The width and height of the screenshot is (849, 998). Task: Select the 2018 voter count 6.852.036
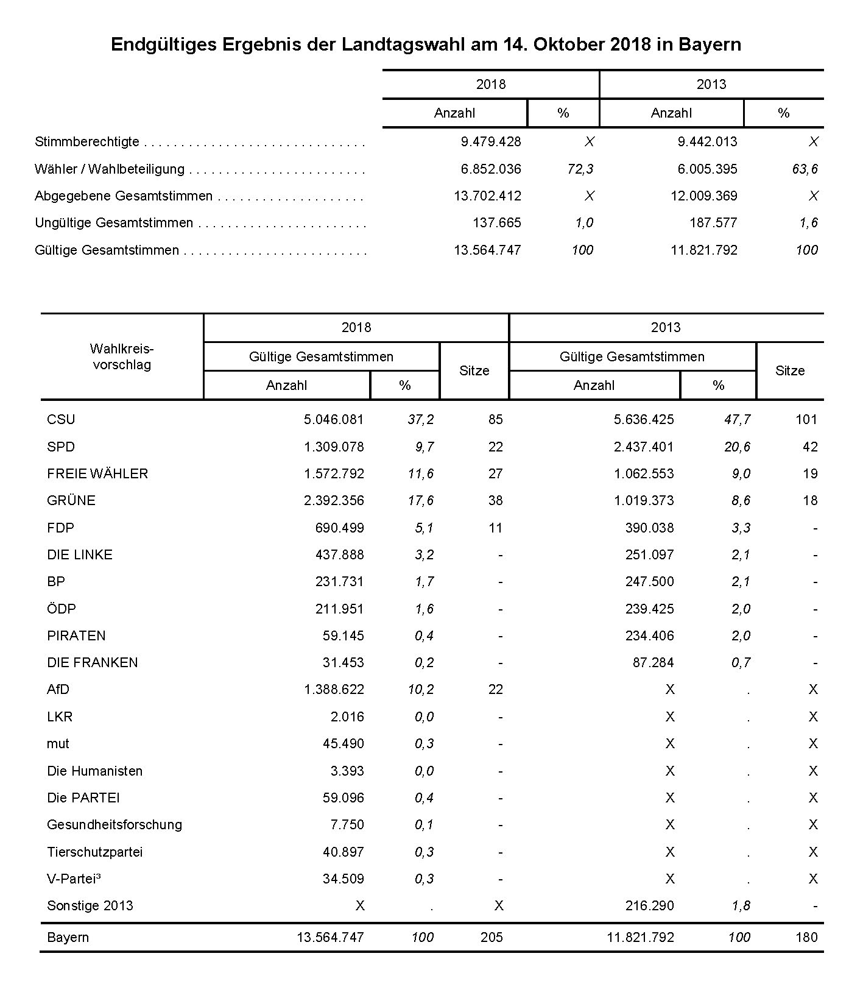pyautogui.click(x=490, y=169)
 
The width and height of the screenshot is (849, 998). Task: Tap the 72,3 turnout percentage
pyautogui.click(x=580, y=169)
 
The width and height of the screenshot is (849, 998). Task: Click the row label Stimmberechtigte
pyautogui.click(x=87, y=142)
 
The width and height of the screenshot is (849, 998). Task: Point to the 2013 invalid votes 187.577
pyautogui.click(x=706, y=223)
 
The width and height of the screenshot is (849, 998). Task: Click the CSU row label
pyautogui.click(x=61, y=419)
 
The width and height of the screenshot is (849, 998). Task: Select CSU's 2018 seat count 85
pyautogui.click(x=495, y=419)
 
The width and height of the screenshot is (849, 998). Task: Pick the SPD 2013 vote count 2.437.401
pyautogui.click(x=643, y=447)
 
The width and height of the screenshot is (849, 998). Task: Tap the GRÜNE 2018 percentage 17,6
pyautogui.click(x=421, y=500)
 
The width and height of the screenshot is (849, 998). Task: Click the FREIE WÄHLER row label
pyautogui.click(x=97, y=473)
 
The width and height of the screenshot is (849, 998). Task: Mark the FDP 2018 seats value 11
pyautogui.click(x=495, y=528)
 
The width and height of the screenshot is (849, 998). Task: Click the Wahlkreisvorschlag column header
pyautogui.click(x=122, y=357)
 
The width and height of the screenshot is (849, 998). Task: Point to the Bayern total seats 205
pyautogui.click(x=491, y=937)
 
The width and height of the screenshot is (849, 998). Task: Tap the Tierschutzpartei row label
pyautogui.click(x=95, y=852)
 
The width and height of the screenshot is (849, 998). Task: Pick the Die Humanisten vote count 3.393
pyautogui.click(x=347, y=771)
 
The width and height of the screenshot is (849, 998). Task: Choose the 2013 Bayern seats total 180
pyautogui.click(x=806, y=937)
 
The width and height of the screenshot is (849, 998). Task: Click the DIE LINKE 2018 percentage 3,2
pyautogui.click(x=424, y=554)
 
